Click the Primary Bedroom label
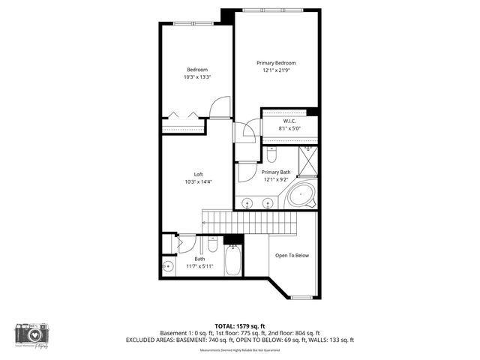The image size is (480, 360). pos(276,63)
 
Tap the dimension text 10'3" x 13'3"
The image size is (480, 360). pos(197,77)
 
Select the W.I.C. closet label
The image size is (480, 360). pos(290,121)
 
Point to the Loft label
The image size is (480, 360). pos(198,174)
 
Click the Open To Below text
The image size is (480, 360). pos(292,256)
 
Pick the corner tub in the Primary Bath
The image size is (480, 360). pos(301,196)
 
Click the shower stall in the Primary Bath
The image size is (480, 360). pos(308,160)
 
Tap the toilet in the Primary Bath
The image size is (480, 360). pos(271,155)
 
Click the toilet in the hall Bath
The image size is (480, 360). pos(212,244)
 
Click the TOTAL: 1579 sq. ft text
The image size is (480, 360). pos(239,325)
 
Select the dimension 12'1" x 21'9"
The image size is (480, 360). pos(276,70)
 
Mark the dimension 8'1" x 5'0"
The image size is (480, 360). pos(290,129)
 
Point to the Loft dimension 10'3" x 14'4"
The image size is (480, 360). pos(198,181)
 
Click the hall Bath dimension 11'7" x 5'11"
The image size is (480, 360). pos(199,266)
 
